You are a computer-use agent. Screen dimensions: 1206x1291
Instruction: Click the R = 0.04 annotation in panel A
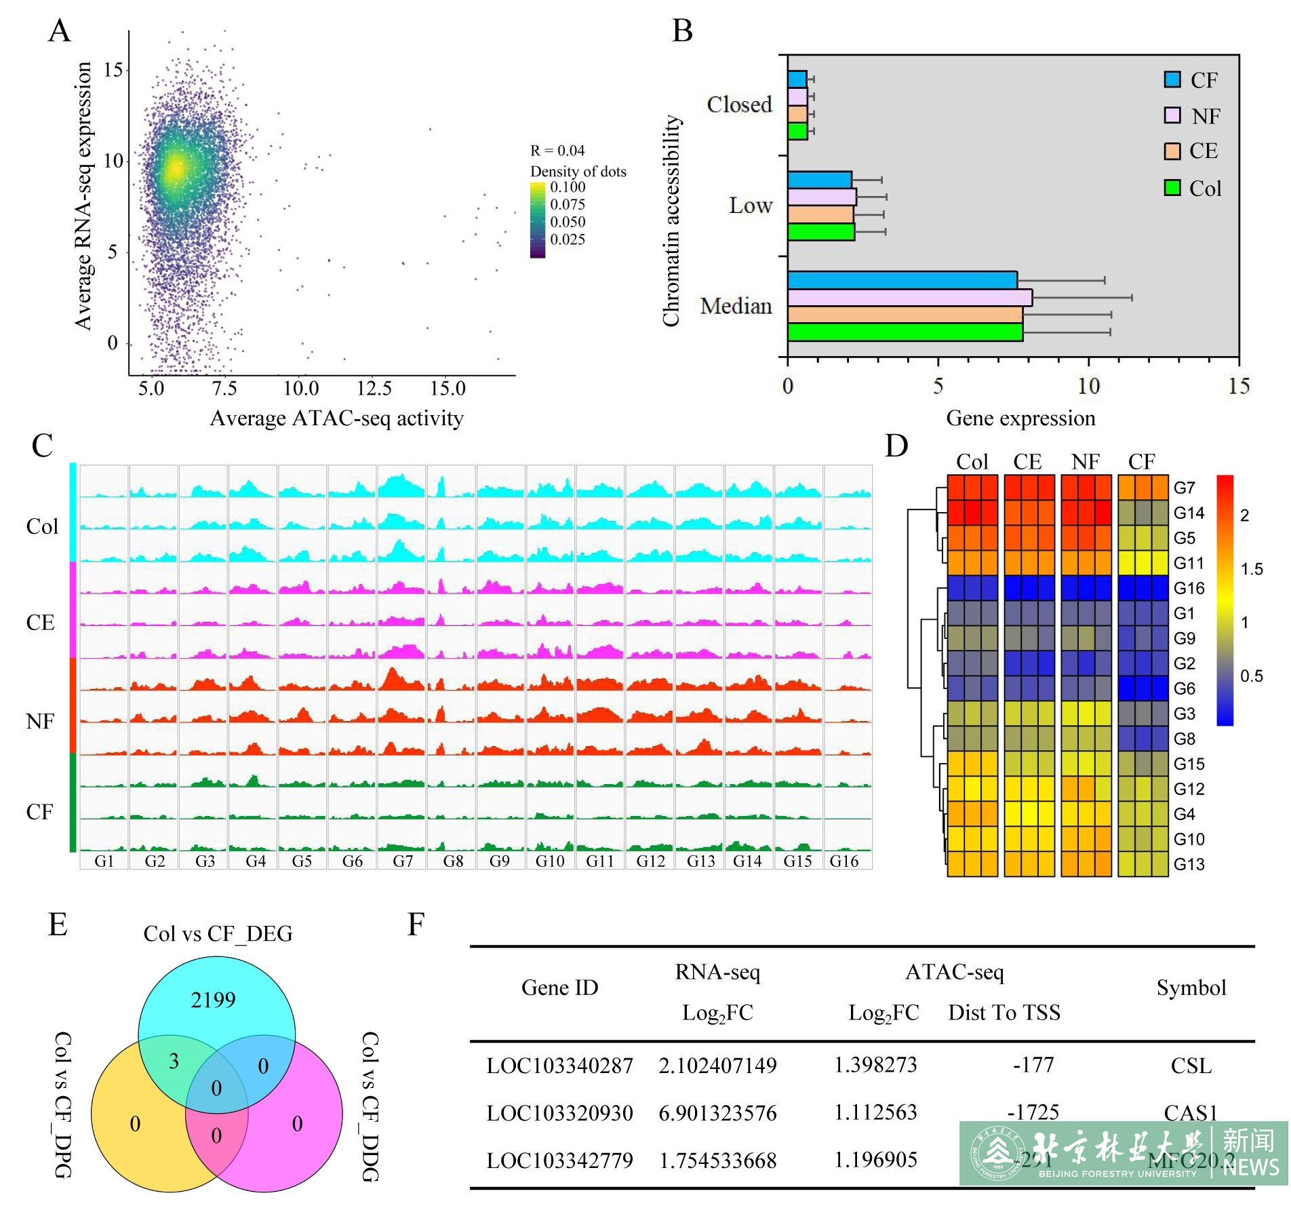click(x=557, y=151)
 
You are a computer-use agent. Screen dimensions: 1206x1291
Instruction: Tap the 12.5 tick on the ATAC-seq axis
click(x=374, y=389)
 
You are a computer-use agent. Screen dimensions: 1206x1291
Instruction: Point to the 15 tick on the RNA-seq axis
click(x=113, y=70)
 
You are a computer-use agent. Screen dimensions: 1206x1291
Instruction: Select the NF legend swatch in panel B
click(x=1172, y=115)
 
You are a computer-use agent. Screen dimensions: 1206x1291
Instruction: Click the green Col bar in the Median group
click(x=905, y=332)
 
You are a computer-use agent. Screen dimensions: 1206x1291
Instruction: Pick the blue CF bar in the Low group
click(x=819, y=180)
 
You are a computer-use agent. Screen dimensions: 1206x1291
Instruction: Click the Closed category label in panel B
click(x=739, y=104)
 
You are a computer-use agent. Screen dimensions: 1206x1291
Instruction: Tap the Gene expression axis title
click(x=1020, y=419)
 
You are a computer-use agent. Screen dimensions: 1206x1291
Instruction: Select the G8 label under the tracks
click(x=453, y=861)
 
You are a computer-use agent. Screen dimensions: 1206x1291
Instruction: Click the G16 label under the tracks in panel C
click(x=844, y=861)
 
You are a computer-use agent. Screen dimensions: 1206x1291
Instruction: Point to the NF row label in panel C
click(x=40, y=721)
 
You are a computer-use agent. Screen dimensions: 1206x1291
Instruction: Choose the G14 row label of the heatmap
click(x=1189, y=513)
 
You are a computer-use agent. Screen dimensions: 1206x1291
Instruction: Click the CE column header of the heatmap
click(x=1027, y=462)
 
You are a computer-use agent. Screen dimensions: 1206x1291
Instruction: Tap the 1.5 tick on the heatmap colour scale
click(x=1251, y=569)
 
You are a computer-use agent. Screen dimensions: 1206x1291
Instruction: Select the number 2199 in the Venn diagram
click(x=213, y=1000)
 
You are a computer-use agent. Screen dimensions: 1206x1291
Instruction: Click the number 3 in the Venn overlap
click(x=174, y=1061)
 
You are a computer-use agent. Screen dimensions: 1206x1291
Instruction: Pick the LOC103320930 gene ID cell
click(x=559, y=1113)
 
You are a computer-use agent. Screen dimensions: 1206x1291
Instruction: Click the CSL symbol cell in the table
click(x=1191, y=1066)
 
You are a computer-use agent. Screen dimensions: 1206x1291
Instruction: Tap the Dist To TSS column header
click(x=1004, y=1013)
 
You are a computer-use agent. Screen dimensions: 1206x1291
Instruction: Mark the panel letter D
click(x=896, y=446)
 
